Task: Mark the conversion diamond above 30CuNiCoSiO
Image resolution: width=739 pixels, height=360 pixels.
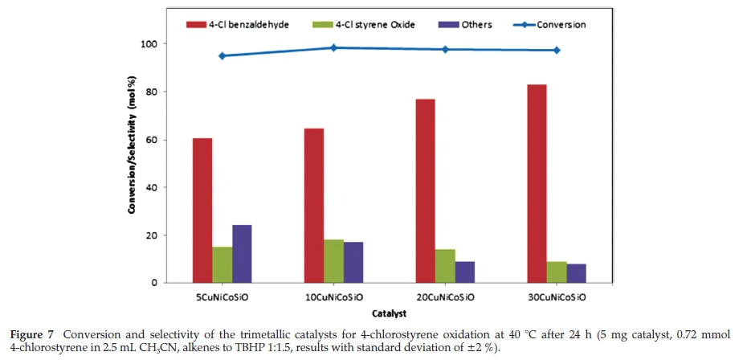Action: click(x=557, y=50)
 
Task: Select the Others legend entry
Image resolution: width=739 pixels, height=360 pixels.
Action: click(x=467, y=25)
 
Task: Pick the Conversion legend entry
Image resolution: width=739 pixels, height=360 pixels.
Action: click(x=553, y=25)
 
